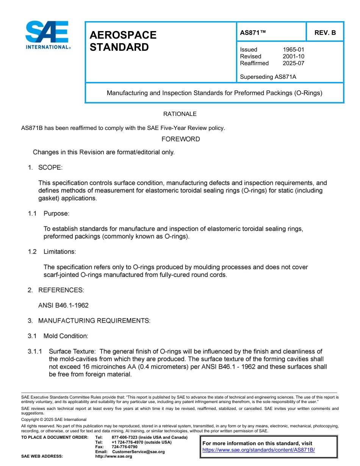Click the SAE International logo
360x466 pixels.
coord(47,35)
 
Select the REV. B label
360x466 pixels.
coord(325,33)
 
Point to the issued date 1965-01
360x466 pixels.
coord(293,50)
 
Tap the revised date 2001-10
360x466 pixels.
coord(293,56)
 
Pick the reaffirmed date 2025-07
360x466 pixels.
coord(293,63)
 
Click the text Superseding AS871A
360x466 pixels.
coord(268,77)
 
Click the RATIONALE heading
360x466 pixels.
coord(180,114)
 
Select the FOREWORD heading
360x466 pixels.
coord(180,139)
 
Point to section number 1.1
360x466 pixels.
coord(32,214)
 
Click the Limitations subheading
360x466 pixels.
coord(59,252)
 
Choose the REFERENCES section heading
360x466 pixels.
coord(61,290)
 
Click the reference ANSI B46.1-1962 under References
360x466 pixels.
coord(63,305)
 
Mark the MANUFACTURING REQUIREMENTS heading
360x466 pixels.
coord(94,321)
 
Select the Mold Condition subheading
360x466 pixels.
coord(66,336)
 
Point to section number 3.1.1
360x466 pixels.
coord(35,352)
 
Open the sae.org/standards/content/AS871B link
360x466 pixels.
coord(258,450)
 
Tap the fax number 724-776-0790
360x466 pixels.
coord(124,447)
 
